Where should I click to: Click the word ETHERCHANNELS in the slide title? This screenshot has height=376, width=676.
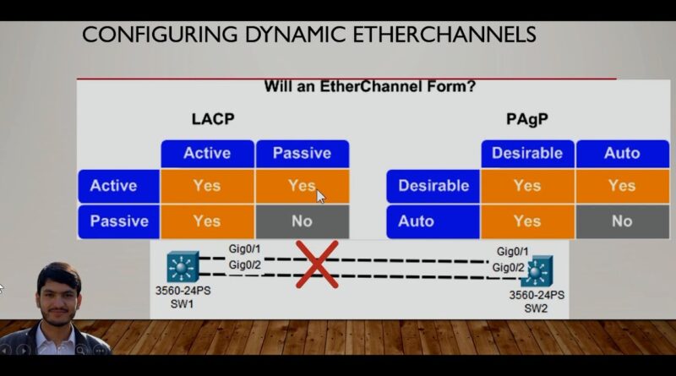tap(444, 35)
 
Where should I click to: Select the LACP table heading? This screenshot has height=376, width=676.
tap(213, 119)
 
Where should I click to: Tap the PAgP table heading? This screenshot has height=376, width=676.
tap(526, 119)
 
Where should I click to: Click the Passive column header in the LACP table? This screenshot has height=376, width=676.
tap(303, 154)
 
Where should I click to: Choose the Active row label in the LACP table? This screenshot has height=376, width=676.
tap(118, 186)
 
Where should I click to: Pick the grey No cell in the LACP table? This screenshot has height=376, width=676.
tap(303, 221)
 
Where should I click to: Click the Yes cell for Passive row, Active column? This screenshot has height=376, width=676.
tap(207, 221)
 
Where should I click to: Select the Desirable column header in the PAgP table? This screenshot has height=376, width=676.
tap(527, 154)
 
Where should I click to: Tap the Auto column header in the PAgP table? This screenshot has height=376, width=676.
tap(622, 154)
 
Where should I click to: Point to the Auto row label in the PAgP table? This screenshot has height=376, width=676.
tap(433, 221)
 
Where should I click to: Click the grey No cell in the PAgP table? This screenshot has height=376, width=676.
tap(622, 221)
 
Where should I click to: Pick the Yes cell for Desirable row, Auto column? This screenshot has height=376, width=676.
tap(622, 186)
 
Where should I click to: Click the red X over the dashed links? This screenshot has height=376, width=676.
tap(318, 264)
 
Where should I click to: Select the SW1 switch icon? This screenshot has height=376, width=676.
tap(183, 267)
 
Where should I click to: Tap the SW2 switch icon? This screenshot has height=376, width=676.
tap(537, 272)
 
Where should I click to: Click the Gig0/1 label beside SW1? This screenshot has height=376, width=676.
tap(244, 248)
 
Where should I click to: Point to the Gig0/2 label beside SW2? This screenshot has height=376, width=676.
tap(509, 268)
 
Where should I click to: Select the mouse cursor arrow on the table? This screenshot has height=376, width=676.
tap(321, 197)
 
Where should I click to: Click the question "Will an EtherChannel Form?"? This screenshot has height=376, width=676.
tap(370, 87)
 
